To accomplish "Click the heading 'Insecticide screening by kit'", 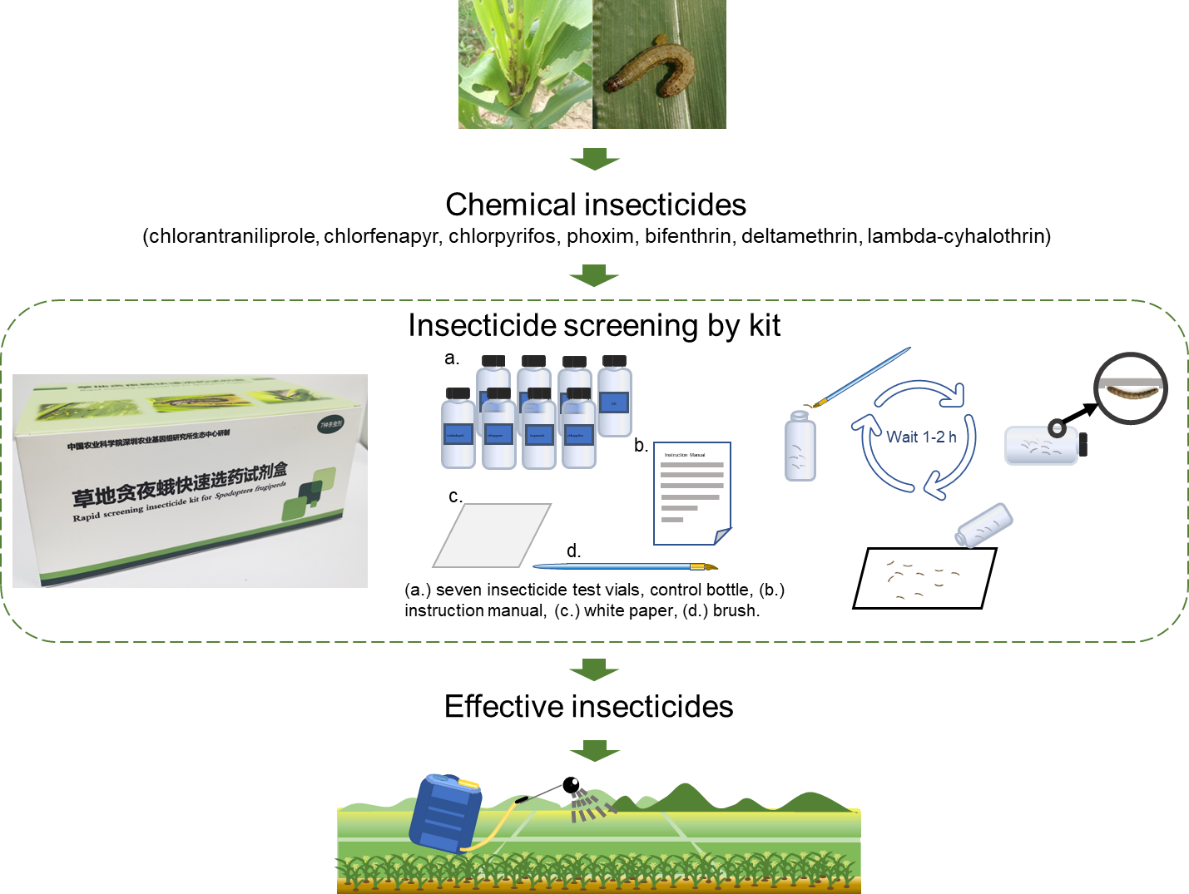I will click(594, 325).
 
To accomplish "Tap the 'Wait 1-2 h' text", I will click(921, 437).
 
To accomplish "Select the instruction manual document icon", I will click(691, 493).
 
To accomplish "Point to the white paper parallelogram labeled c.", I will click(492, 535).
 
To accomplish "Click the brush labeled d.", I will click(624, 566).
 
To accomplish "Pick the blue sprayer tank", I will click(445, 813).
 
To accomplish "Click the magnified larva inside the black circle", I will click(1131, 389).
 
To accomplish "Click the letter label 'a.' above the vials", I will click(452, 358).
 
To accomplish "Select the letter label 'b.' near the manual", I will click(641, 446).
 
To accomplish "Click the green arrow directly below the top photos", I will click(594, 159).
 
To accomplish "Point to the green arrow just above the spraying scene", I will click(594, 750).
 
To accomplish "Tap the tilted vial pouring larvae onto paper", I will click(984, 525).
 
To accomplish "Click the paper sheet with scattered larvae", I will click(924, 578).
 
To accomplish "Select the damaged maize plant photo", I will click(525, 64).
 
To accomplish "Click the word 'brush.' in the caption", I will click(736, 610).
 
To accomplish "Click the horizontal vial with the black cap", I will click(1045, 445).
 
